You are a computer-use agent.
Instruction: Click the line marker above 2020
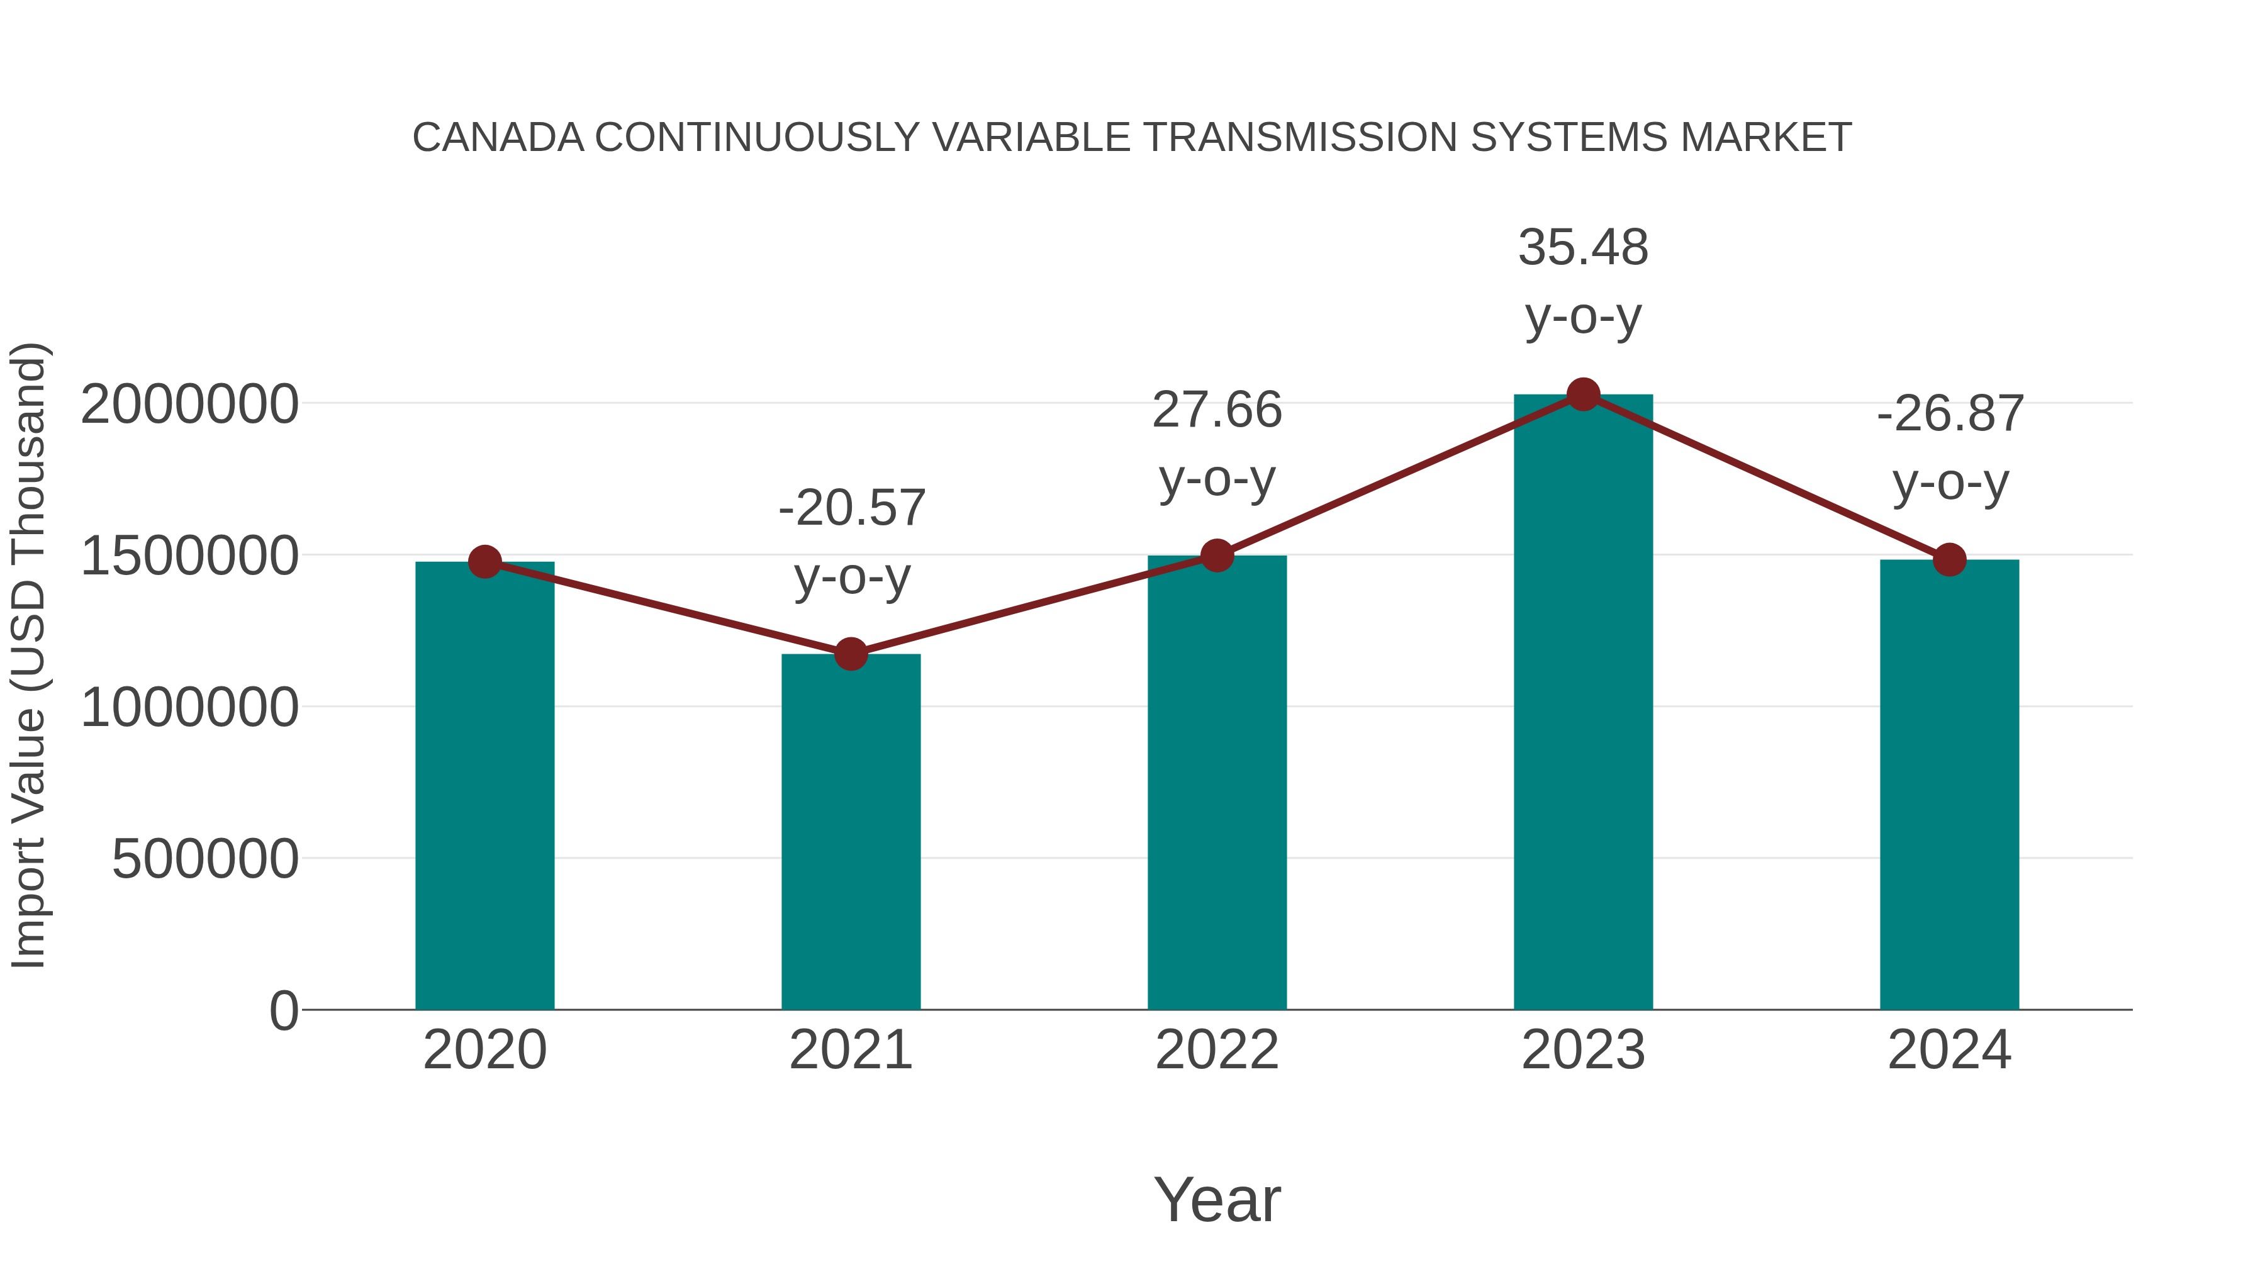tap(484, 561)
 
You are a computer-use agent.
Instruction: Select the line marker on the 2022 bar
tap(1217, 556)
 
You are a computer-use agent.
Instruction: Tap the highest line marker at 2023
tap(1583, 394)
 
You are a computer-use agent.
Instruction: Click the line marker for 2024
tap(1949, 559)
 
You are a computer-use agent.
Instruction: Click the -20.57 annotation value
tap(852, 508)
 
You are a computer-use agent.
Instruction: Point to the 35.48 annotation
tap(1583, 247)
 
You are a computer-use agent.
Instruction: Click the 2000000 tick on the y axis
tap(189, 405)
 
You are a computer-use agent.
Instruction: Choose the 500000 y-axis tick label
tap(205, 859)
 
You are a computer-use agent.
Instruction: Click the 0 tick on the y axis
tap(283, 1010)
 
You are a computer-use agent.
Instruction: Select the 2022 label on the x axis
tap(1217, 1050)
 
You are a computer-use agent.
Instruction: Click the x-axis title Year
tap(1217, 1199)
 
